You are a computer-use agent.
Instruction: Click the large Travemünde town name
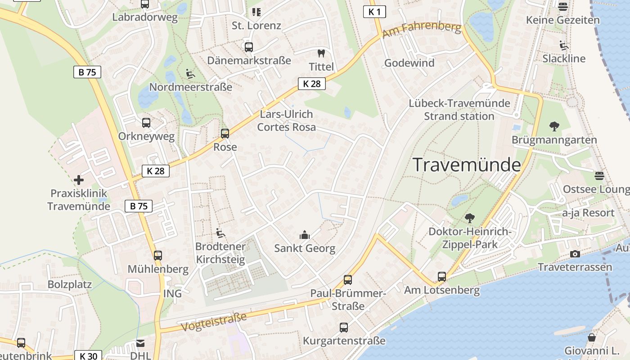[467, 165]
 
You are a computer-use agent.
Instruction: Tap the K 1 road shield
[374, 12]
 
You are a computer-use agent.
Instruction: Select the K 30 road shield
[88, 356]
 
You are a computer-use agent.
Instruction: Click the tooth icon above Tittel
[321, 53]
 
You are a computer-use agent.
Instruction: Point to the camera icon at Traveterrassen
[575, 254]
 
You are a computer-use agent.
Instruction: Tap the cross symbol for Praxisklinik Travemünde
[79, 180]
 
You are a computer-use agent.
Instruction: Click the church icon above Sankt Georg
[305, 234]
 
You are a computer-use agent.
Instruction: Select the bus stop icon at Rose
[225, 133]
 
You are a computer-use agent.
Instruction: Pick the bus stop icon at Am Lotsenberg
[442, 276]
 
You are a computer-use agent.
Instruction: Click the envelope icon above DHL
[141, 343]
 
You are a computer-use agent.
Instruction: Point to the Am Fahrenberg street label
[422, 31]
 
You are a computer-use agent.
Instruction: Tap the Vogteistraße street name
[214, 322]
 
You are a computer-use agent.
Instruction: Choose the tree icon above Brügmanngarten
[554, 126]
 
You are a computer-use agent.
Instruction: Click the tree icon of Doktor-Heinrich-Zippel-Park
[470, 218]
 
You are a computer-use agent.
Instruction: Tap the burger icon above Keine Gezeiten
[563, 6]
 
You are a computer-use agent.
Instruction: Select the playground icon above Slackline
[564, 45]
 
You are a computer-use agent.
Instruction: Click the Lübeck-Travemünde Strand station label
[459, 109]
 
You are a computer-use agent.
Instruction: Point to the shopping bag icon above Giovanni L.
[592, 337]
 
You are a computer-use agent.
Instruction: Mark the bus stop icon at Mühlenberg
[157, 255]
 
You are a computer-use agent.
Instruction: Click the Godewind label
[409, 63]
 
